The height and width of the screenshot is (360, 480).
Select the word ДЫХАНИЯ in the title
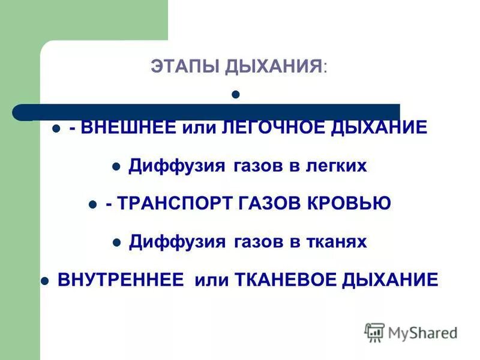[274, 67]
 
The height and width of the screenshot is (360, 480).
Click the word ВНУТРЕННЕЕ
[120, 280]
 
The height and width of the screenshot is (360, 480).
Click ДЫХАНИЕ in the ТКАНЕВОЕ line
[391, 280]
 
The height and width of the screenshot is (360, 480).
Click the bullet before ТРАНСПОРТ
[92, 205]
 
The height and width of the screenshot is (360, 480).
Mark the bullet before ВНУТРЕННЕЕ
[44, 280]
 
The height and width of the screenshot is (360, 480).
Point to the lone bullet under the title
[236, 94]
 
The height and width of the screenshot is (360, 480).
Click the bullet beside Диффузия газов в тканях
[117, 242]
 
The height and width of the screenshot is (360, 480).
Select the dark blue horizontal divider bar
[207, 112]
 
